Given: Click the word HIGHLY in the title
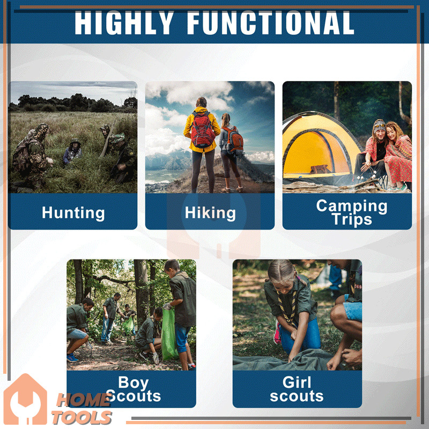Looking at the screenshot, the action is coord(124,23).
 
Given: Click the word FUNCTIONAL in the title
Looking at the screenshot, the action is coord(271,23).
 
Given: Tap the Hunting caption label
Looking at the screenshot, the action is coord(73,213).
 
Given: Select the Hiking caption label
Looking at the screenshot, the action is coord(210,213).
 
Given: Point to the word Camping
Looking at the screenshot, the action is coord(352,206).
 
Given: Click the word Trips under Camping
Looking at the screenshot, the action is coord(352,220).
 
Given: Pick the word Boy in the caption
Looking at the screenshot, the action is coord(133,382).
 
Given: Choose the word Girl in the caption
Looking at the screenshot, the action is coord(297,382).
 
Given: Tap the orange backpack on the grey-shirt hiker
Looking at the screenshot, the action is coord(234,140).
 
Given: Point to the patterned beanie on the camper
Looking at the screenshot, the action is coord(379,126).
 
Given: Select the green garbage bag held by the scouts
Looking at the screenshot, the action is coord(169,335).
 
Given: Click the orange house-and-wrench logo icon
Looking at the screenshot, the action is coord(25,399).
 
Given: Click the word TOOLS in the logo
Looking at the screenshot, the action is coord(82,418).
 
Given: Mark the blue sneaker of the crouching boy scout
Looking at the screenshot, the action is coord(72,357).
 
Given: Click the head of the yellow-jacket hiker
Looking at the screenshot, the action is coord(202,102).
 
